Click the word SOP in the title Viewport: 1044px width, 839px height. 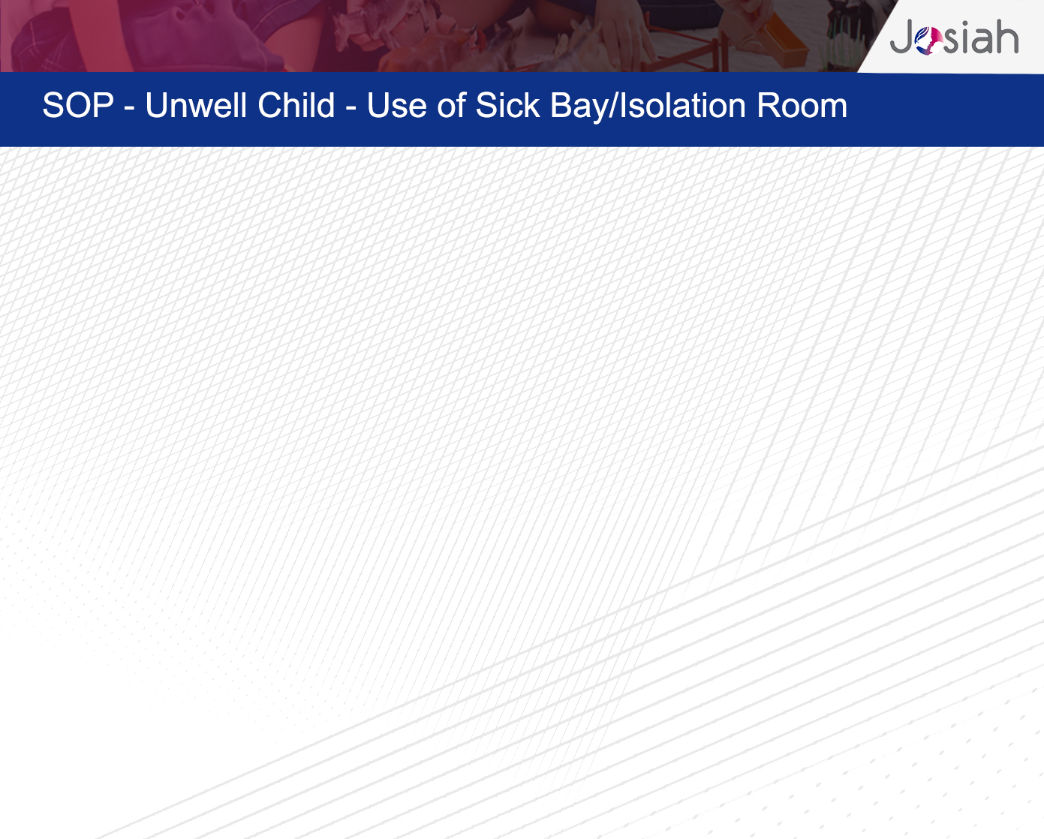[x=78, y=105]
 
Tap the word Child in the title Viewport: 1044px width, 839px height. [x=296, y=105]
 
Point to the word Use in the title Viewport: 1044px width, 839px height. [x=397, y=105]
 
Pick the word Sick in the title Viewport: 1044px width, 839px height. [x=507, y=105]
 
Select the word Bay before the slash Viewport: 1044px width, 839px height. [x=578, y=107]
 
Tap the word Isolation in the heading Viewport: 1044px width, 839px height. [x=680, y=105]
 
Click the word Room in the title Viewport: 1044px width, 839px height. [x=802, y=105]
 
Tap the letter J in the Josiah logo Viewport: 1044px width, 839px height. [x=902, y=36]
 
